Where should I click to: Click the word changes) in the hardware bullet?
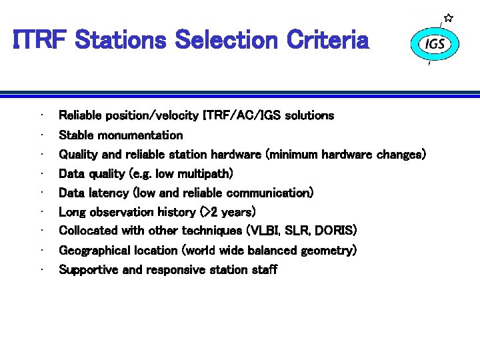pyautogui.click(x=401, y=155)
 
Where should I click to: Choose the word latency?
pyautogui.click(x=110, y=193)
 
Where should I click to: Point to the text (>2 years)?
pyautogui.click(x=228, y=213)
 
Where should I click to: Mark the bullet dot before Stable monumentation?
pyautogui.click(x=42, y=135)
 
